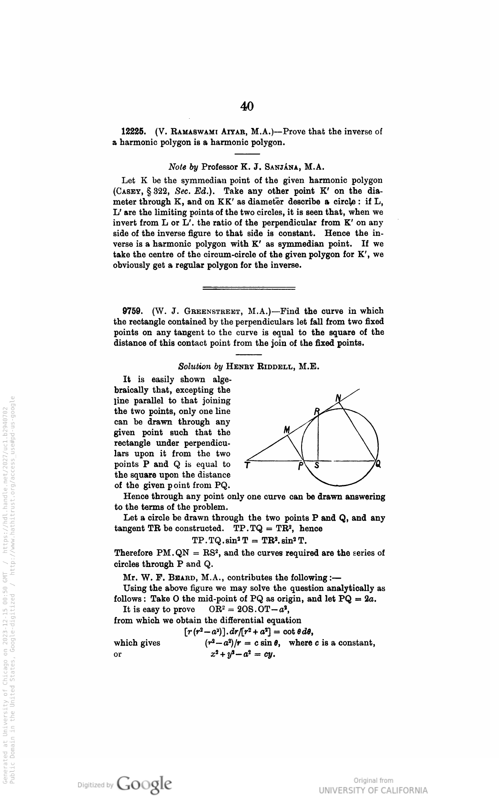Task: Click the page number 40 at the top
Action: coord(247,106)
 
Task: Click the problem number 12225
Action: coord(133,132)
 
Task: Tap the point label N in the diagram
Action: coord(339,398)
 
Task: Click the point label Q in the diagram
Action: coord(378,465)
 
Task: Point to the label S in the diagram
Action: coord(317,466)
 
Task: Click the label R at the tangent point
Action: coord(317,411)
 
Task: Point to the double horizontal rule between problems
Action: coord(249,288)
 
